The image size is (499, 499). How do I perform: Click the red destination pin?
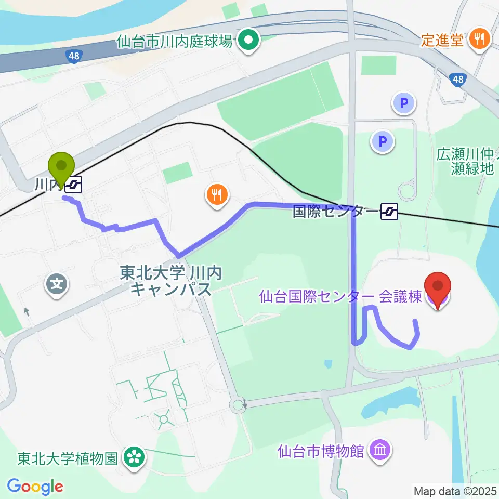(438, 290)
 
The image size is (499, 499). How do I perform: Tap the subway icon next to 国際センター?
(389, 211)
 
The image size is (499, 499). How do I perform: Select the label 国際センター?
(334, 212)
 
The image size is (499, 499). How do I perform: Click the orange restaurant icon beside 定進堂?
(477, 40)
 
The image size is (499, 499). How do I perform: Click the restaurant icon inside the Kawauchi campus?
(216, 195)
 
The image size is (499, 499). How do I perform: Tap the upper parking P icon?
(404, 103)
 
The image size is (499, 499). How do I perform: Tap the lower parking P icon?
(383, 141)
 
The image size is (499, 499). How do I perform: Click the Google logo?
(35, 487)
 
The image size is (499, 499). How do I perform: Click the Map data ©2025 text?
(455, 491)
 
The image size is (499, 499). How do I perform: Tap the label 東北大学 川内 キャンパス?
(170, 281)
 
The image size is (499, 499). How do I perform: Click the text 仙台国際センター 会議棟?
(340, 297)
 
